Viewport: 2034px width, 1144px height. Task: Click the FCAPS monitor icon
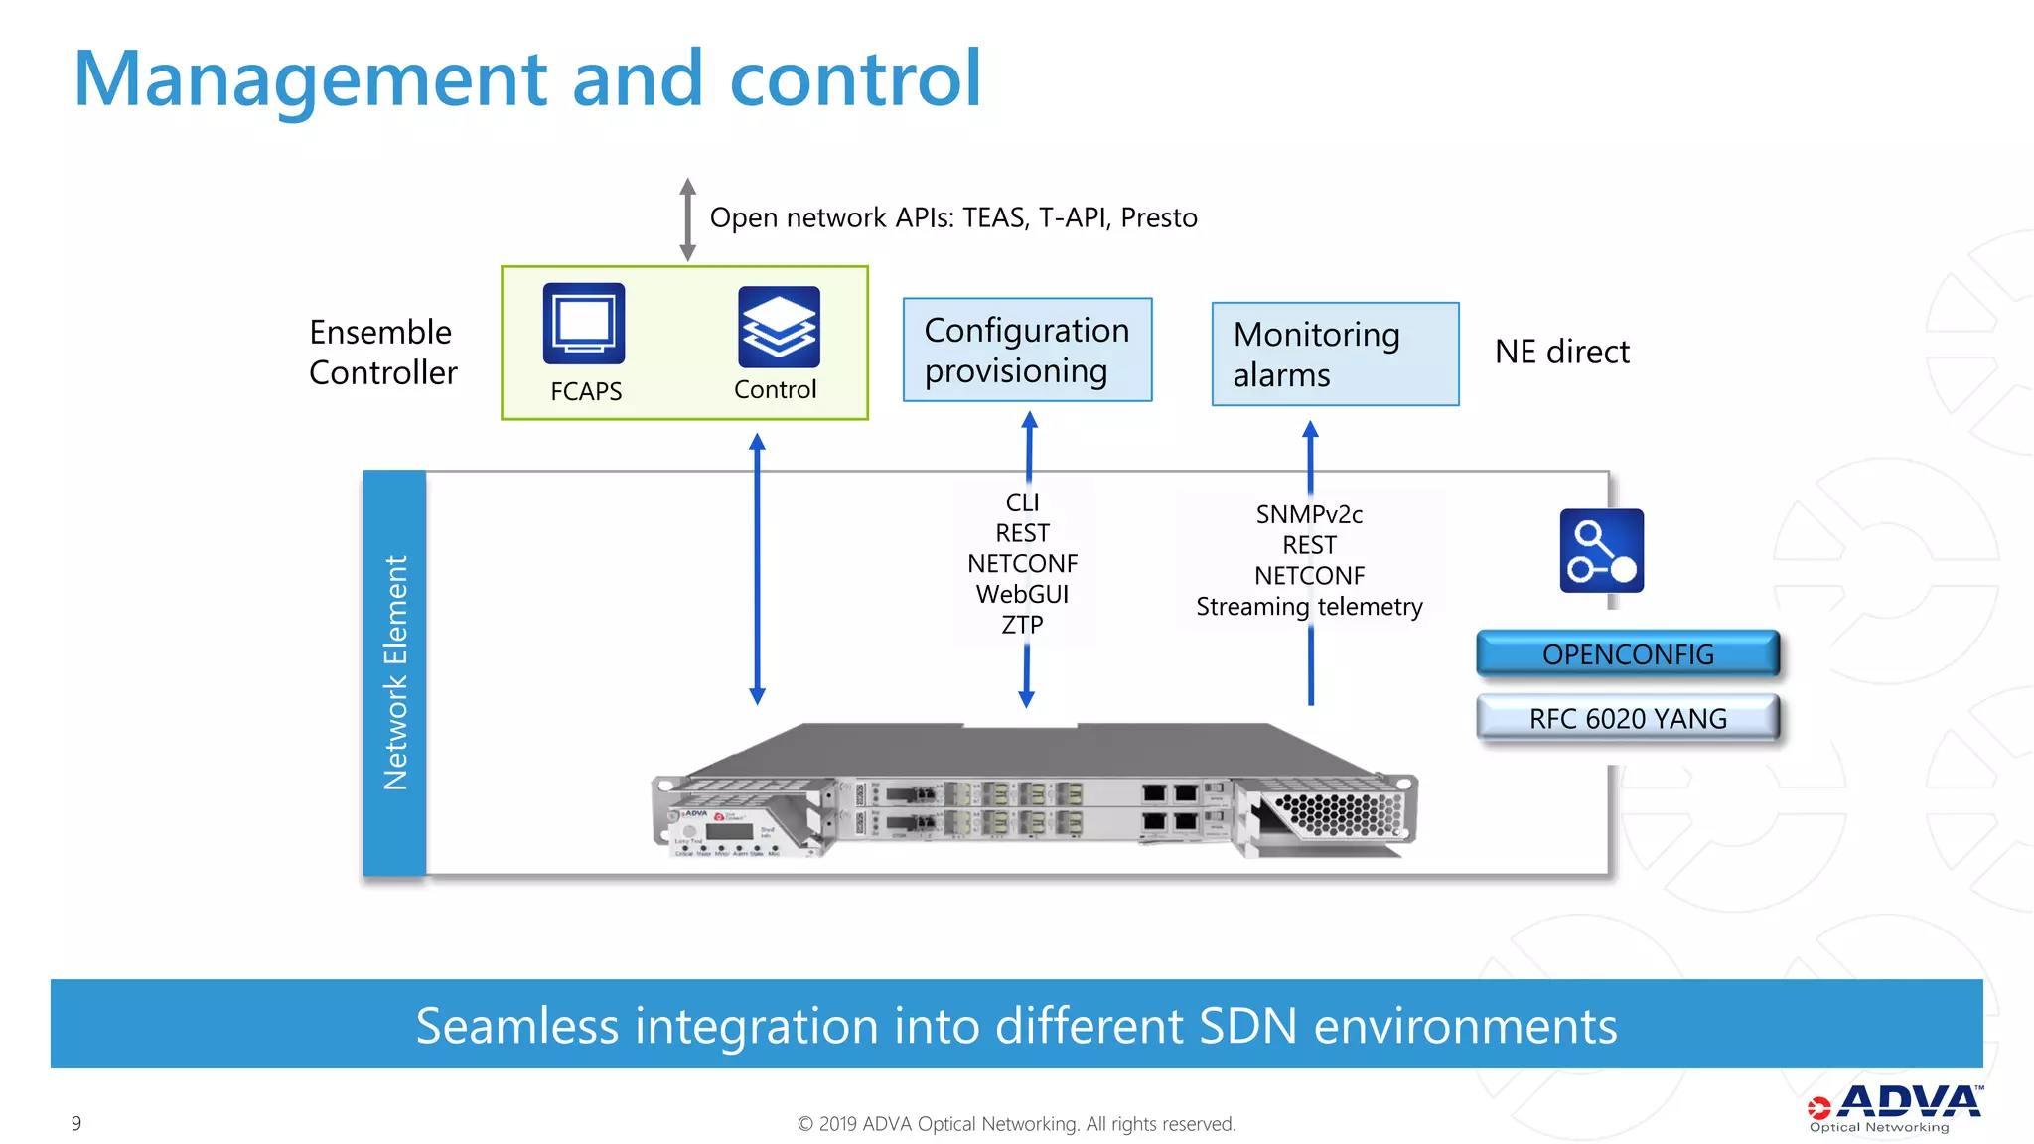pyautogui.click(x=584, y=324)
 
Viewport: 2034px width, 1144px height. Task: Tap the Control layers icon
pyautogui.click(x=779, y=327)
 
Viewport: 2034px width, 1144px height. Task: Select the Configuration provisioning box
pyautogui.click(x=1027, y=350)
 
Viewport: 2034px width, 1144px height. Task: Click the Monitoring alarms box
pyautogui.click(x=1335, y=355)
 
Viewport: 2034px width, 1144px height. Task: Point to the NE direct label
pyautogui.click(x=1561, y=352)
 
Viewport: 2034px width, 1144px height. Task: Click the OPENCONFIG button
pyautogui.click(x=1628, y=654)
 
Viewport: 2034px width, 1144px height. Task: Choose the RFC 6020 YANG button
pyautogui.click(x=1628, y=718)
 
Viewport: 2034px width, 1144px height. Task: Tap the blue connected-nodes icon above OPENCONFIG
pyautogui.click(x=1601, y=551)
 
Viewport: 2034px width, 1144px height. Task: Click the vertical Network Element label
pyautogui.click(x=395, y=672)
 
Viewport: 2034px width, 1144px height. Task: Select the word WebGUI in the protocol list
pyautogui.click(x=1022, y=594)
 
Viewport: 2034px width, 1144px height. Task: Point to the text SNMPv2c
pyautogui.click(x=1309, y=514)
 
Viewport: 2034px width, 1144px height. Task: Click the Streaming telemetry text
pyautogui.click(x=1309, y=606)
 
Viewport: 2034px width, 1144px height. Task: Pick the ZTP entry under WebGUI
pyautogui.click(x=1022, y=625)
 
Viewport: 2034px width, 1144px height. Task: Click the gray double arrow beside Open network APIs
pyautogui.click(x=687, y=219)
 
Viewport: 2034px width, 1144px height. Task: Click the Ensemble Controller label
pyautogui.click(x=382, y=352)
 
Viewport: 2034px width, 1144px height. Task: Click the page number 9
pyautogui.click(x=76, y=1123)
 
